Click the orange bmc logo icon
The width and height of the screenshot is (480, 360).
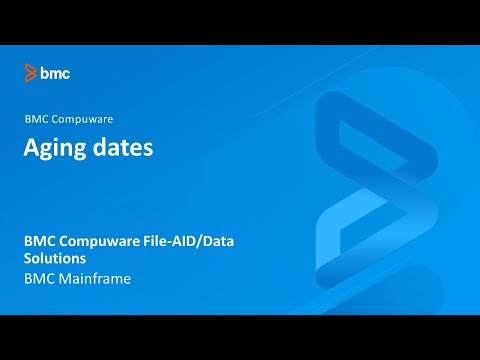[31, 72]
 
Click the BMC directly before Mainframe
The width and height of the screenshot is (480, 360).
[40, 279]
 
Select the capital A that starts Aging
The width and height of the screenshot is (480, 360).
[32, 147]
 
